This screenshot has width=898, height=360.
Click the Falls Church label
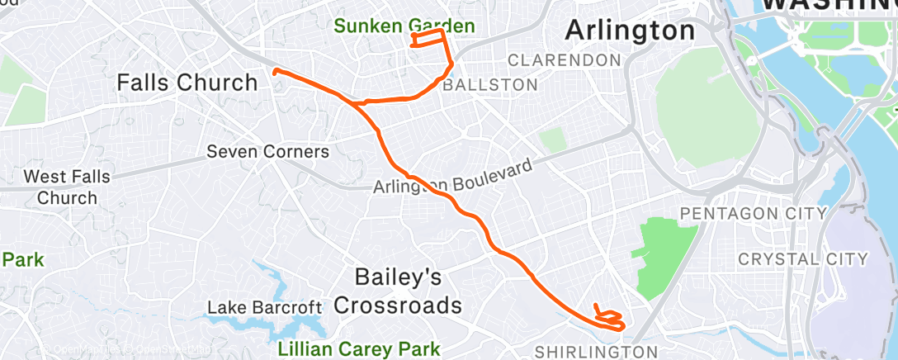[x=187, y=83]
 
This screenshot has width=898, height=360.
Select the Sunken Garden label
[x=404, y=26]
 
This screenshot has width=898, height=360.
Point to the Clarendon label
[x=565, y=60]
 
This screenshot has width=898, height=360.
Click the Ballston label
[x=490, y=84]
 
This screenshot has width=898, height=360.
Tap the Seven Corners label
[x=268, y=152]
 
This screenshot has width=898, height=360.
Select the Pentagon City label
[x=752, y=214]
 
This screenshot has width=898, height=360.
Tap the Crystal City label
[x=802, y=259]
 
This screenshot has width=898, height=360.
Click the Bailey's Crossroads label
[x=398, y=291]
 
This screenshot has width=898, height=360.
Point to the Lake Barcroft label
[x=264, y=308]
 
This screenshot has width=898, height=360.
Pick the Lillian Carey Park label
[x=359, y=348]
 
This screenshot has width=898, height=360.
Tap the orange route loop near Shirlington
[x=609, y=316]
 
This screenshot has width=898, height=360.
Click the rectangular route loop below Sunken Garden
[x=428, y=40]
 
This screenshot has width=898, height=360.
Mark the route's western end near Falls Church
[x=275, y=71]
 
